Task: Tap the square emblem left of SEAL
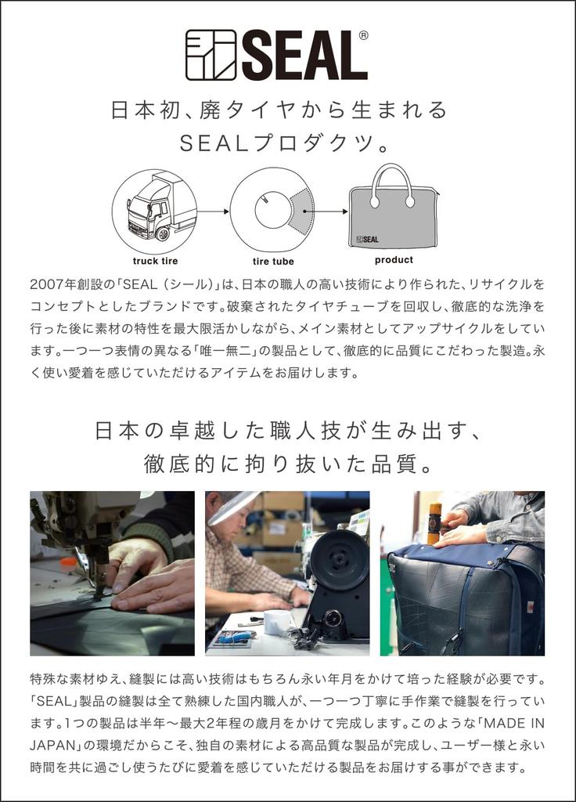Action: (211, 55)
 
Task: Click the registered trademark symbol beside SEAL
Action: (363, 35)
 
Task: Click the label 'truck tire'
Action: (154, 261)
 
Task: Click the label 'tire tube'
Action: (273, 261)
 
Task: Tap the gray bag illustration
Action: (393, 211)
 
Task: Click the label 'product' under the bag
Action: (393, 260)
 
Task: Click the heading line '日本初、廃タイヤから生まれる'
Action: (279, 110)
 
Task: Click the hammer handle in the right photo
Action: (434, 521)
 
